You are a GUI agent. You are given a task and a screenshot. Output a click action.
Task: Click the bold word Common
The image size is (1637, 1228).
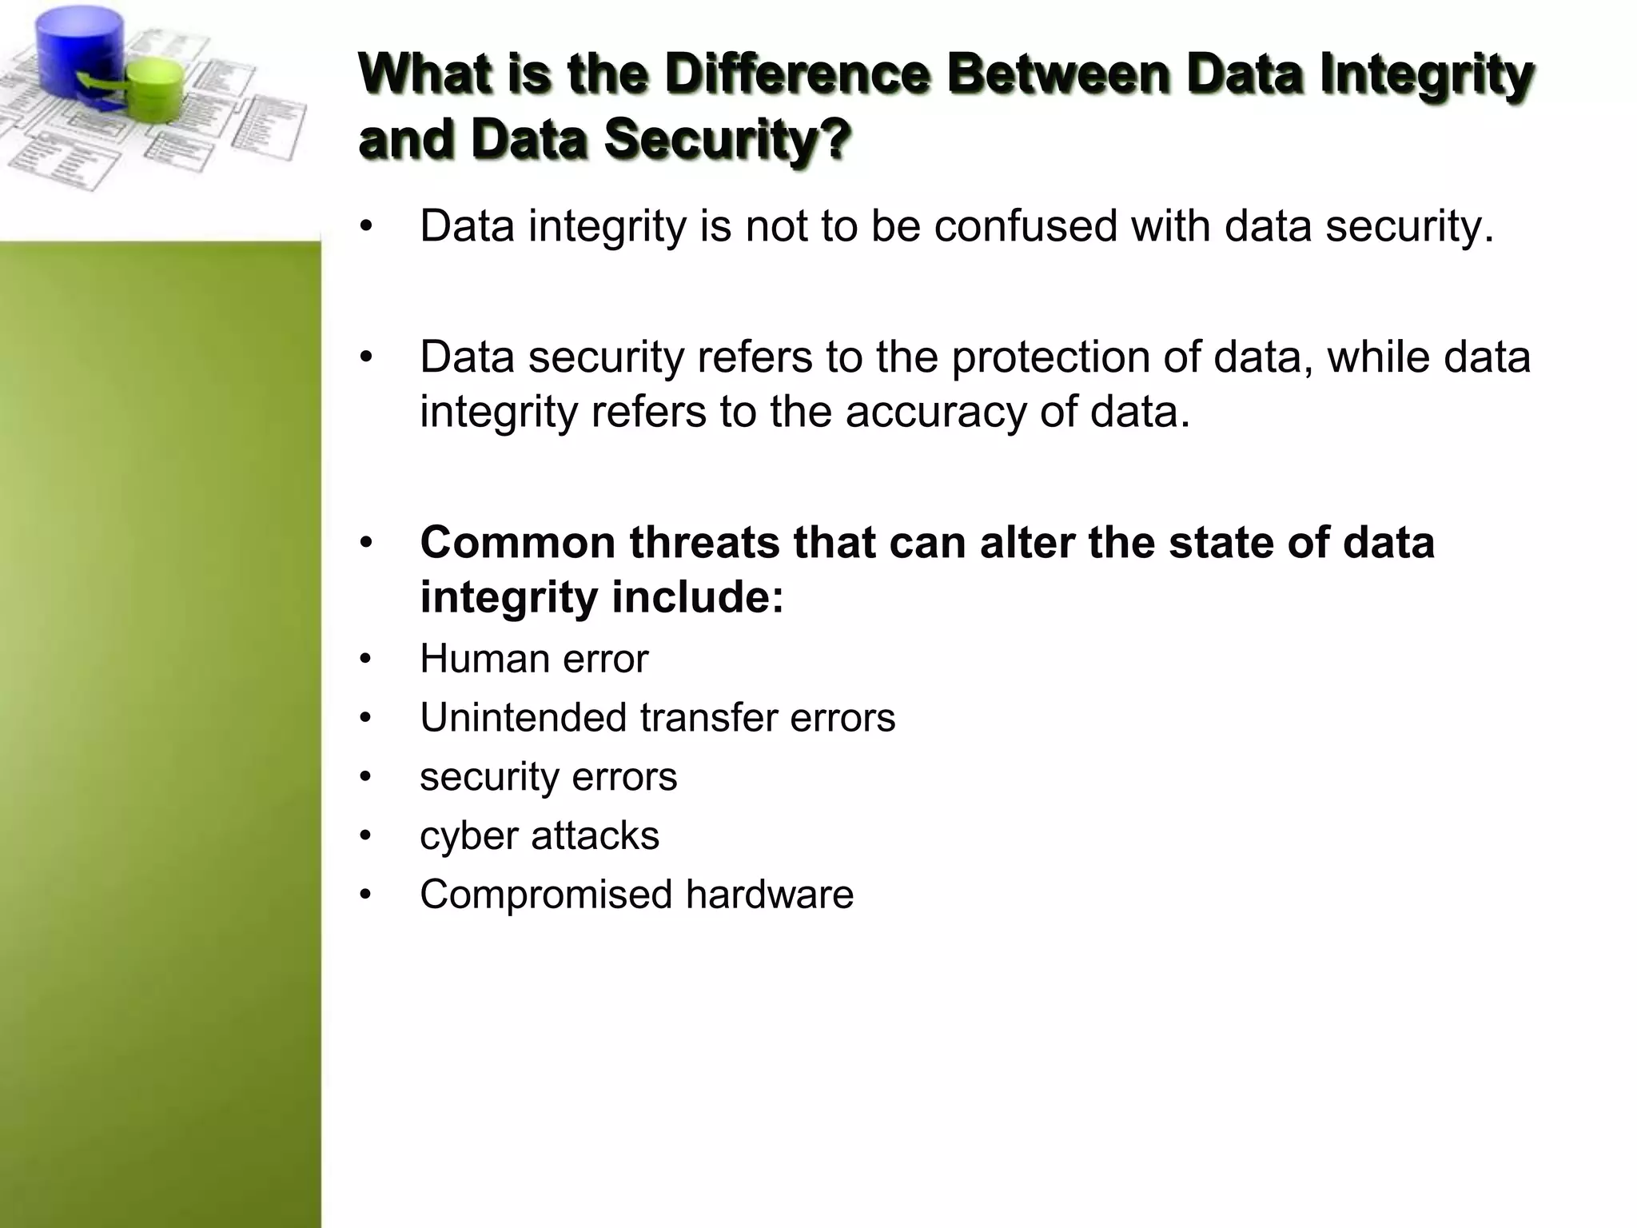tap(519, 542)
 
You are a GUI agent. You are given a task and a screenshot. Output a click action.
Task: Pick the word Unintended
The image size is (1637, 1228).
tap(523, 718)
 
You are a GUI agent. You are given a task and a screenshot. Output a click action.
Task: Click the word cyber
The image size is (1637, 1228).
tap(468, 836)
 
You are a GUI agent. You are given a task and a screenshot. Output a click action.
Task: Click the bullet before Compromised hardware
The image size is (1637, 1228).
tap(365, 895)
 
